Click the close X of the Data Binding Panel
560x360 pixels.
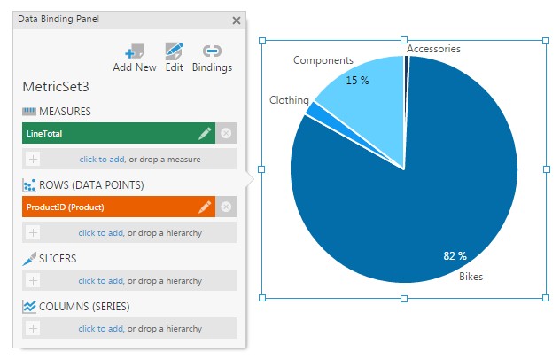pyautogui.click(x=236, y=20)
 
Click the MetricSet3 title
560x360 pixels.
pyautogui.click(x=56, y=88)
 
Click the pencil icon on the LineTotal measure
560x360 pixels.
pyautogui.click(x=205, y=133)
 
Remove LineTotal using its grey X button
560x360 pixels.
pyautogui.click(x=226, y=133)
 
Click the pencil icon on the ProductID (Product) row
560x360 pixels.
pyautogui.click(x=205, y=207)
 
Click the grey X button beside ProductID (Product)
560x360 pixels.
pyautogui.click(x=226, y=207)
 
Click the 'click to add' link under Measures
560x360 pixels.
pyautogui.click(x=100, y=159)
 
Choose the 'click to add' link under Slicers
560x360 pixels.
pyautogui.click(x=100, y=280)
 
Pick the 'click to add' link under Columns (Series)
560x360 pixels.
pyautogui.click(x=100, y=328)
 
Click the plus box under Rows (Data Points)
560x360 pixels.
pyautogui.click(x=33, y=232)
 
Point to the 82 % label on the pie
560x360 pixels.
pyautogui.click(x=455, y=256)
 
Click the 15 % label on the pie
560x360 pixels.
pyautogui.click(x=357, y=80)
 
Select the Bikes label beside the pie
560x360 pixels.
pyautogui.click(x=471, y=277)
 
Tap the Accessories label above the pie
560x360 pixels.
pyautogui.click(x=433, y=49)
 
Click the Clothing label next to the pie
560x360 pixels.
pyautogui.click(x=289, y=100)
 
